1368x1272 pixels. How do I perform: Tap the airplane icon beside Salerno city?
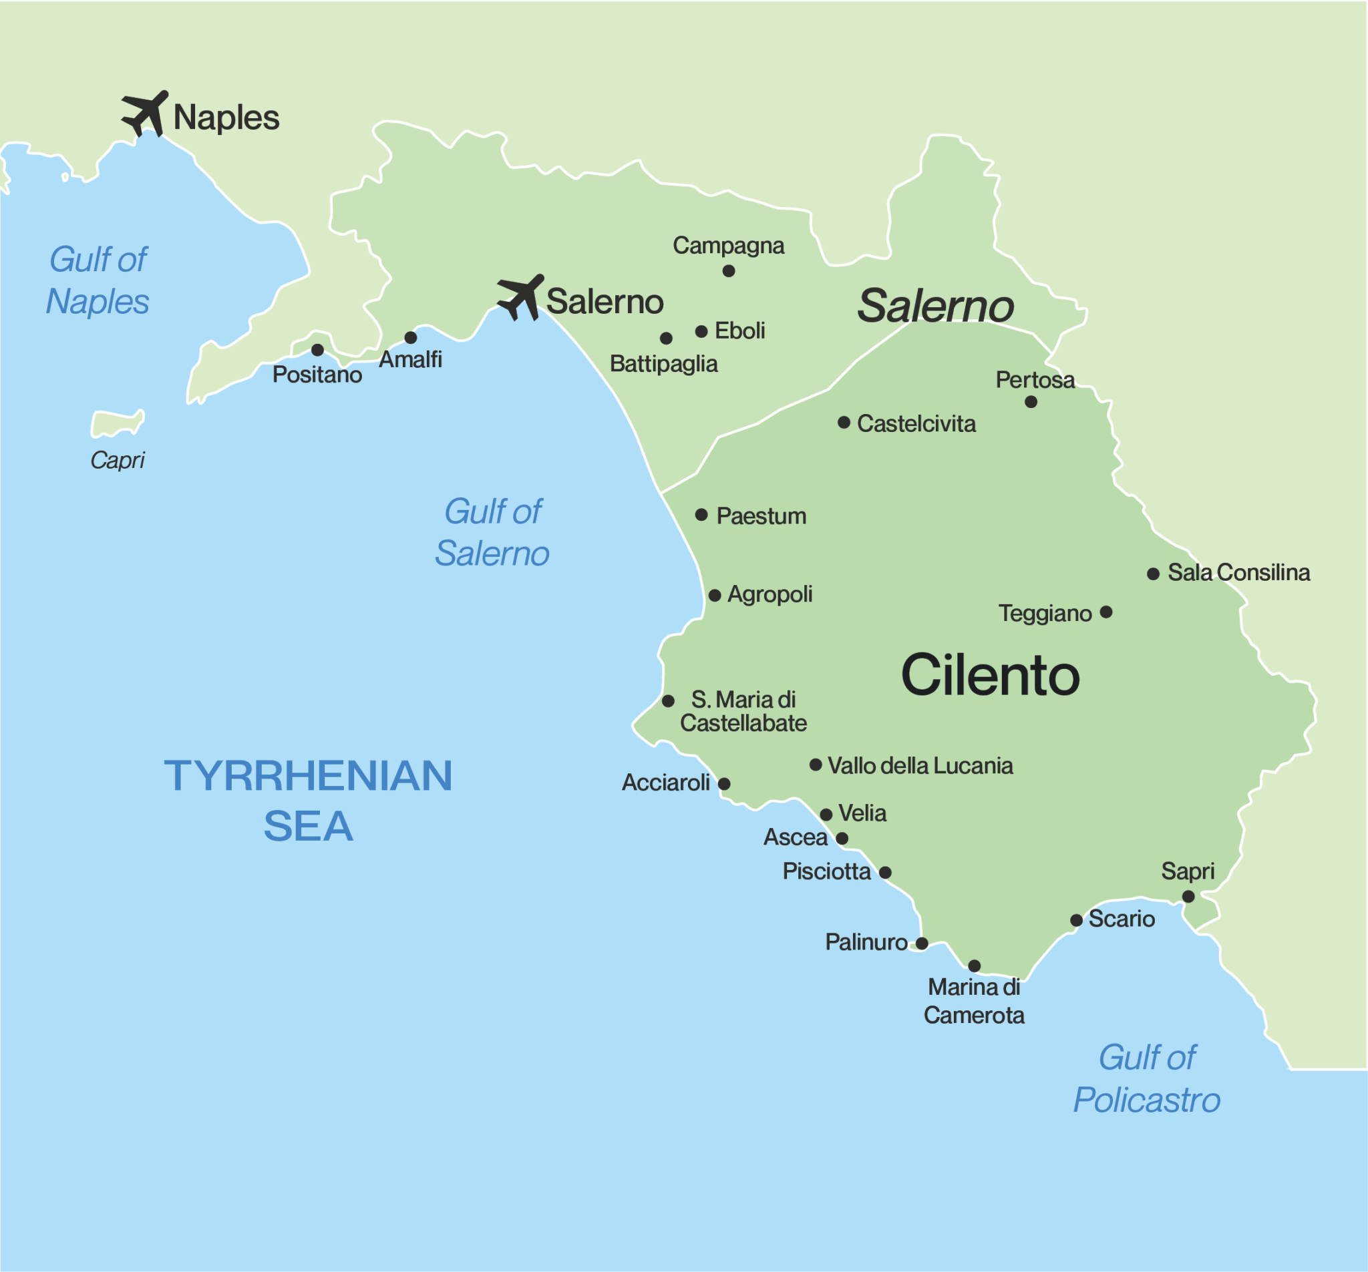(521, 297)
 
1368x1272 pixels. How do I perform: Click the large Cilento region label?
(990, 676)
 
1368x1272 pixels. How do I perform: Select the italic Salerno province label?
(935, 305)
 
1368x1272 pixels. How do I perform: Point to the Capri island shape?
(118, 423)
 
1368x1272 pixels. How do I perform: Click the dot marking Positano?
(317, 350)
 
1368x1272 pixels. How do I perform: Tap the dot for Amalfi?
(411, 338)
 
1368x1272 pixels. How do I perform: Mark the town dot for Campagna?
(729, 271)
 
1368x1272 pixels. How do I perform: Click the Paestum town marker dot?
(701, 515)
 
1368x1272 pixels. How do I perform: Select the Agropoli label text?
(769, 594)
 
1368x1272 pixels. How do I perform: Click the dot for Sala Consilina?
(1154, 574)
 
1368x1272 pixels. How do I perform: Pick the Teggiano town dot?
(1106, 612)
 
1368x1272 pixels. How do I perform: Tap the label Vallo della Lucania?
(920, 766)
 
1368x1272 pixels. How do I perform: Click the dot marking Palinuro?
(922, 943)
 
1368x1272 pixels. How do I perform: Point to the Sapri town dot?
(1188, 896)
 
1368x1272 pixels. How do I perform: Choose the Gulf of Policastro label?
(1147, 1078)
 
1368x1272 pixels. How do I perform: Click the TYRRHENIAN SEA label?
(309, 801)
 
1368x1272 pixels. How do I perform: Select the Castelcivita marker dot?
(844, 423)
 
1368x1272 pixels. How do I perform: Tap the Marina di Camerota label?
(974, 1001)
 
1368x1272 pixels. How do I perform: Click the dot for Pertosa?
(1031, 402)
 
